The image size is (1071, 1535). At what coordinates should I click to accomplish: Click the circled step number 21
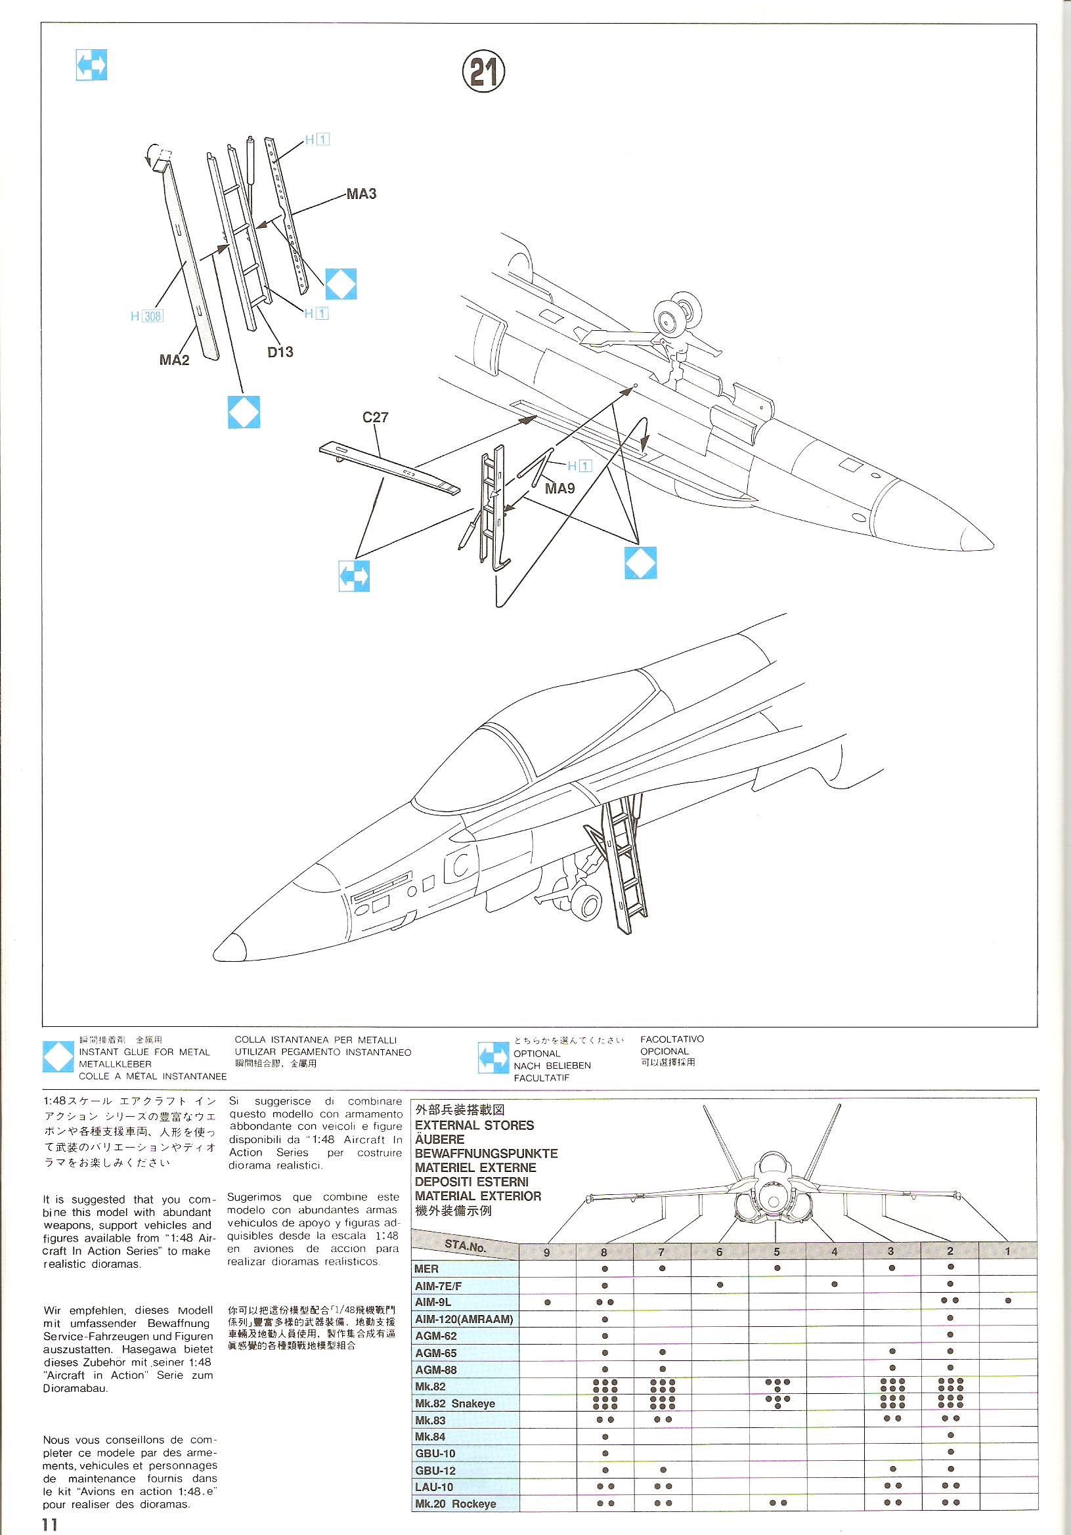pos(483,72)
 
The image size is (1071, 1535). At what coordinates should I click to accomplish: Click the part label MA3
pos(361,194)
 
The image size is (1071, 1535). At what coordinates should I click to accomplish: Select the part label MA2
pos(174,360)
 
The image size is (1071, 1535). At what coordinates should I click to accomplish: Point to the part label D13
pos(280,353)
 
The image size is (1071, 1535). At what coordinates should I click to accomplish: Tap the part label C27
pos(375,417)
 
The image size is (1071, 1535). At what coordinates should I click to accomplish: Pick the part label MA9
pos(559,488)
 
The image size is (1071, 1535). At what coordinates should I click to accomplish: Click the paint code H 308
pos(147,316)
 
